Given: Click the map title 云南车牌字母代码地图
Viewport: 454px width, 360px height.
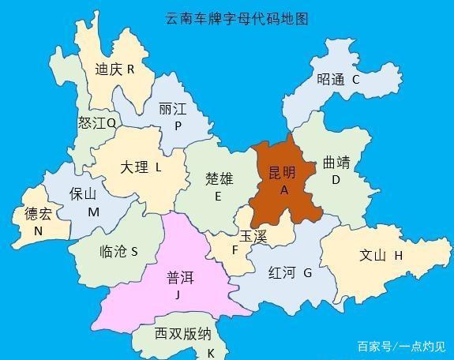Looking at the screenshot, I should click(x=236, y=17).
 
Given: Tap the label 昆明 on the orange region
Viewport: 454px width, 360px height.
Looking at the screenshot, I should click(x=282, y=173).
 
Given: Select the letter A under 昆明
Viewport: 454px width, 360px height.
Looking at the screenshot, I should click(x=284, y=190).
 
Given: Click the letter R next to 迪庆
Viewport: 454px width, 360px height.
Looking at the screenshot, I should click(x=130, y=69).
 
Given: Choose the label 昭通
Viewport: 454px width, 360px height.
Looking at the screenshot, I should click(x=330, y=79).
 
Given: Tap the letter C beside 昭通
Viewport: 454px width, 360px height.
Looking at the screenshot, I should click(x=355, y=79).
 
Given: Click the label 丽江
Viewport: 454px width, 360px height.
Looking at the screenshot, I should click(x=172, y=109).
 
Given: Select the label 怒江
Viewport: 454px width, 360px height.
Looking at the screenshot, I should click(x=92, y=123).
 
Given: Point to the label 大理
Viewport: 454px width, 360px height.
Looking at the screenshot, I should click(x=133, y=167).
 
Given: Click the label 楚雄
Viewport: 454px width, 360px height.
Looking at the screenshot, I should click(x=219, y=178).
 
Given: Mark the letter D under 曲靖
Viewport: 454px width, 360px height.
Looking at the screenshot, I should click(x=336, y=180).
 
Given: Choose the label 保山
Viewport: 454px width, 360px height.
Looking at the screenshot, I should click(x=82, y=194).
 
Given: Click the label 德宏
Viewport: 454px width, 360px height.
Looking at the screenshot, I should click(x=38, y=214).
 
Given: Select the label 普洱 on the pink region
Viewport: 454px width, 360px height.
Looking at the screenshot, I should click(x=179, y=278).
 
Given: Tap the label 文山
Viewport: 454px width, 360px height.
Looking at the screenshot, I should click(x=373, y=255).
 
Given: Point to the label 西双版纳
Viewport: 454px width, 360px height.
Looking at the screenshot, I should click(x=182, y=334).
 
